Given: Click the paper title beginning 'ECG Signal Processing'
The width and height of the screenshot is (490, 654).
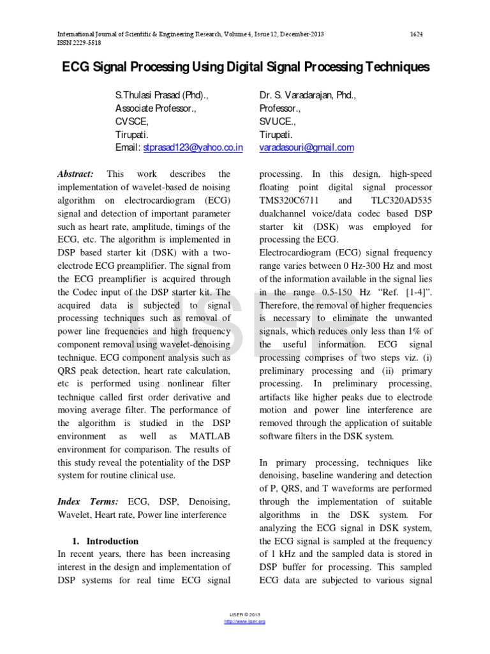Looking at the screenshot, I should click(x=245, y=67).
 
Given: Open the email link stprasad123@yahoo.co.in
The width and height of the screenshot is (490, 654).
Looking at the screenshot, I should click(x=193, y=148).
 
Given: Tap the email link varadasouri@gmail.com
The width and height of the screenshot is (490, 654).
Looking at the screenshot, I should click(x=306, y=148).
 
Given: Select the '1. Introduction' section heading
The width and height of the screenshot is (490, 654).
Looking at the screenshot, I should click(x=107, y=540).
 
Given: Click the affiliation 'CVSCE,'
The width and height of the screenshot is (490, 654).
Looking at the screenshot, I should click(x=131, y=121).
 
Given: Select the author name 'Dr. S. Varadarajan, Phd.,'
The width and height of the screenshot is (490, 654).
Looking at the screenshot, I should click(x=308, y=95).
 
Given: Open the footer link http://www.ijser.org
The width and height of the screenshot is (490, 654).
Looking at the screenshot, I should click(x=245, y=621).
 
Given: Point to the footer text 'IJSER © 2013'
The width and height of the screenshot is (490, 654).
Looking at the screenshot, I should click(x=245, y=615).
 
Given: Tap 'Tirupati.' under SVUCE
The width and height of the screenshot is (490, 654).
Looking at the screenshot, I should click(x=276, y=135).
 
